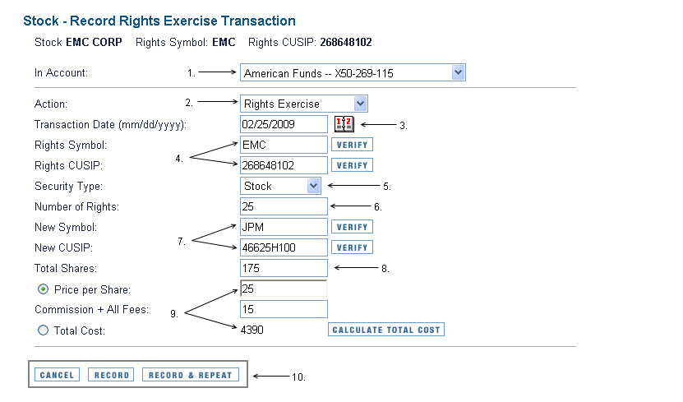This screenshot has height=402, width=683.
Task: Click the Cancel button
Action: pos(57,375)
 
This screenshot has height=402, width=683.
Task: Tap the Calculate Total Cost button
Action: pos(386,330)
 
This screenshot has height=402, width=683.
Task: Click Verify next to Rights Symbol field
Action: pos(352,145)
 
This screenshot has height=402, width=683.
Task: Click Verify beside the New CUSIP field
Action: pos(352,247)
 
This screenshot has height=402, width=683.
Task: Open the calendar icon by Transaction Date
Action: pos(344,124)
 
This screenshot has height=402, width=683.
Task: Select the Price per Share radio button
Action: pos(43,289)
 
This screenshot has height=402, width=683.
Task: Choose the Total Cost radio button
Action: pos(43,330)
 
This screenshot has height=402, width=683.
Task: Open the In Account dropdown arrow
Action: pos(458,72)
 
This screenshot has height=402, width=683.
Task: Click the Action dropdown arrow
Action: pos(360,104)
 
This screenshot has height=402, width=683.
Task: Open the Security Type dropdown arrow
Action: pos(313,186)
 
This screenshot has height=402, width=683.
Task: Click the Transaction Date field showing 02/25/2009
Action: pos(284,124)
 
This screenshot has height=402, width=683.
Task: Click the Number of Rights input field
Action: pos(284,206)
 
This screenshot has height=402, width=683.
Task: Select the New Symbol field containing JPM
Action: pos(284,227)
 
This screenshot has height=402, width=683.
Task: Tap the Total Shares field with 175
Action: pos(284,268)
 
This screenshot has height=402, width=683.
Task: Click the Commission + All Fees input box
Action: pos(284,309)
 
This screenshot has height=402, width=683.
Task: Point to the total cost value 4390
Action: pos(252,330)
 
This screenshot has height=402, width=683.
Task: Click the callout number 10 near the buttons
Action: pos(298,377)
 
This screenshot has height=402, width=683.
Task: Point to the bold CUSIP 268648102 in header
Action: pos(346,42)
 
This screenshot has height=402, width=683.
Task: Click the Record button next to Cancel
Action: pos(111,375)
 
